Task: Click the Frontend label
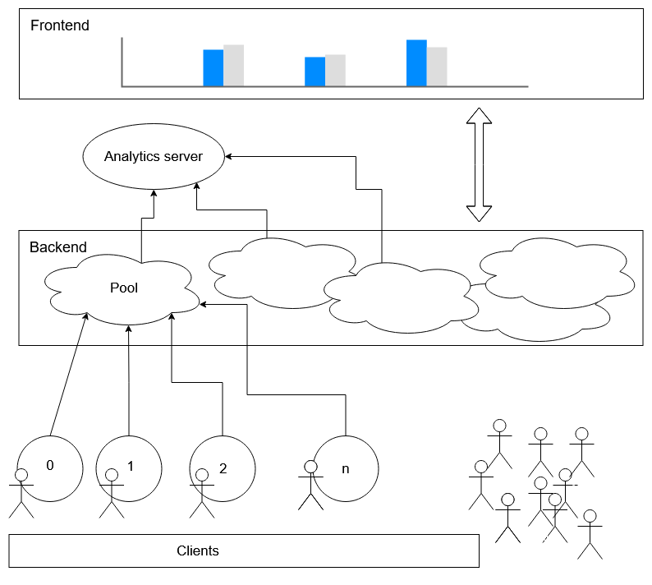[x=60, y=25]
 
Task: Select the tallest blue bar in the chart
[x=416, y=63]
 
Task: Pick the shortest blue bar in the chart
[x=315, y=71]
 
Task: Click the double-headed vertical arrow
[x=479, y=165]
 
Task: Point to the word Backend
[x=58, y=247]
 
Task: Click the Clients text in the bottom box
[x=198, y=550]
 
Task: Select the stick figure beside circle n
[x=310, y=485]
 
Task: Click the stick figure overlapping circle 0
[x=21, y=494]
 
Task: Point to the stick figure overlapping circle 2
[x=202, y=494]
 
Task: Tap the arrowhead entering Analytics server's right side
[x=227, y=156]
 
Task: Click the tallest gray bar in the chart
[x=234, y=66]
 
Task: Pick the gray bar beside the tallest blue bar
[x=437, y=67]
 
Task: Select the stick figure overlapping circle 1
[x=112, y=494]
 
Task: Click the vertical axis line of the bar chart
[x=122, y=62]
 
